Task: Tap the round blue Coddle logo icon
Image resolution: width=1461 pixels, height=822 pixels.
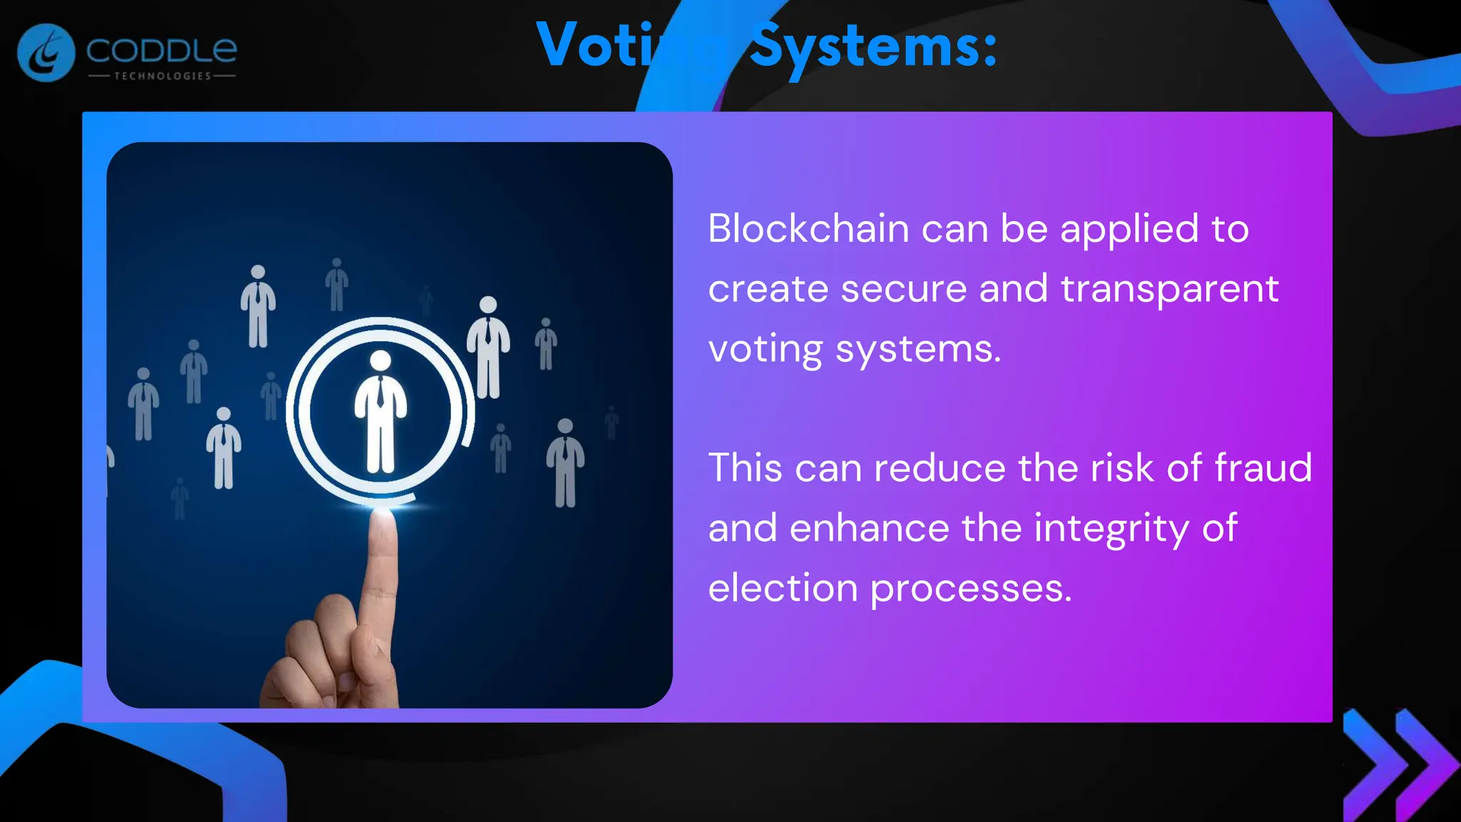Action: pos(46,53)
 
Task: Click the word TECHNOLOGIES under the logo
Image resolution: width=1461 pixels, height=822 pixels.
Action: pos(163,76)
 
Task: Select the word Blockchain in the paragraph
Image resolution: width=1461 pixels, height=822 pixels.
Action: pos(808,229)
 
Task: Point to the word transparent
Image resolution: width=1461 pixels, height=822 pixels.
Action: pos(1169,289)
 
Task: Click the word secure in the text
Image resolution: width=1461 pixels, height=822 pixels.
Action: pos(903,289)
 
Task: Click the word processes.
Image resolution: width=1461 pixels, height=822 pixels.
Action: pos(971,589)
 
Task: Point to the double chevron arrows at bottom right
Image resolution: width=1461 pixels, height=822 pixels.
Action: pos(1399,764)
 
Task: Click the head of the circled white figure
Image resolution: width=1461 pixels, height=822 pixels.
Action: pos(380,360)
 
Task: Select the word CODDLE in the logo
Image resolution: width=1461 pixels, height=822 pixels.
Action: pos(161,50)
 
